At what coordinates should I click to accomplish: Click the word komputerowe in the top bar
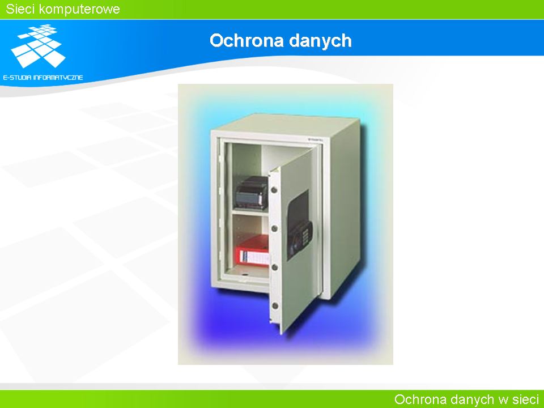pyautogui.click(x=79, y=10)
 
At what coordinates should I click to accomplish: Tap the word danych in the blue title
pyautogui.click(x=320, y=41)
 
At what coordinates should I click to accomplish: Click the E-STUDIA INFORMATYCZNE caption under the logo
pyautogui.click(x=43, y=78)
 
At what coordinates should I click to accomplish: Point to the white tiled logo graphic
pyautogui.click(x=38, y=45)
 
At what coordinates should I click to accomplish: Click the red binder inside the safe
pyautogui.click(x=252, y=251)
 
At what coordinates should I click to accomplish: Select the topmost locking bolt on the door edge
pyautogui.click(x=274, y=190)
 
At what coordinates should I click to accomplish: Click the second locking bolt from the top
pyautogui.click(x=274, y=228)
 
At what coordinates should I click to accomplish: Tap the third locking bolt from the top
pyautogui.click(x=274, y=267)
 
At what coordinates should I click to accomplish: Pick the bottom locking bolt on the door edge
pyautogui.click(x=275, y=305)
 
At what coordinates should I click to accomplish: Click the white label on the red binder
pyautogui.click(x=254, y=257)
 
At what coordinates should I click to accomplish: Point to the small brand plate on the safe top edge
pyautogui.click(x=316, y=139)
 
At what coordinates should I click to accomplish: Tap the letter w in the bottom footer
pyautogui.click(x=503, y=401)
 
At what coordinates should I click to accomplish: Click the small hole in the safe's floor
pyautogui.click(x=245, y=275)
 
